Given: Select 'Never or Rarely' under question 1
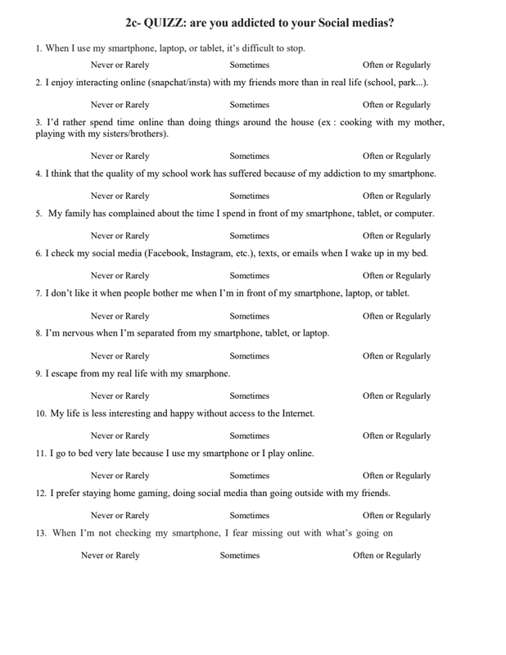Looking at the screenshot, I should point(120,65).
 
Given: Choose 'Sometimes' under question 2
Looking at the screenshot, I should point(249,105).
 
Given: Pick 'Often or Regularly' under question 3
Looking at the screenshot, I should point(396,156).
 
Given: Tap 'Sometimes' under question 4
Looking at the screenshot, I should point(249,196).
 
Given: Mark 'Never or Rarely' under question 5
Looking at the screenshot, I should point(120,236).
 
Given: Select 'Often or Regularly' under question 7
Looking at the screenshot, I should point(396,316).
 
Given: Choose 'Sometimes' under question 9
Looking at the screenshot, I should point(249,396).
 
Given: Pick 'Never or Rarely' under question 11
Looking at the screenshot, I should point(120,476).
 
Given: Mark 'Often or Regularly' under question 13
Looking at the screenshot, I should point(386,555).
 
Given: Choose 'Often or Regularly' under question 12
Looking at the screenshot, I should point(396,516).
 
